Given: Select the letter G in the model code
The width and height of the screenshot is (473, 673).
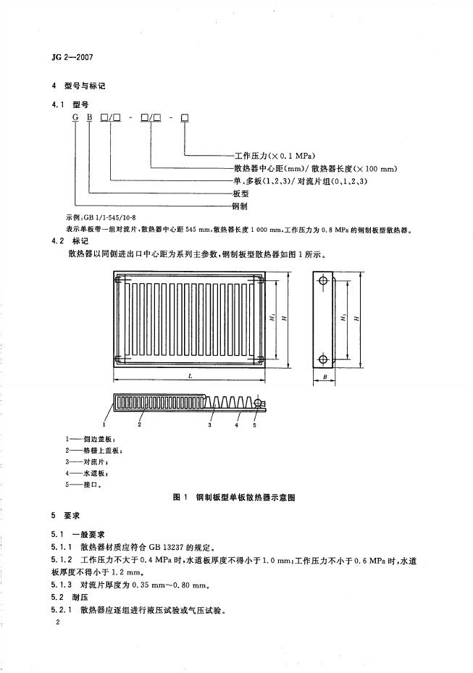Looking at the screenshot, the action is [x=75, y=120].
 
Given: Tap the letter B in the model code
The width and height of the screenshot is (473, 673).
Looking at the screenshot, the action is [x=89, y=120].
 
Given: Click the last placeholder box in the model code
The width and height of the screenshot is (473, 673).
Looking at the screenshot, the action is [x=185, y=120].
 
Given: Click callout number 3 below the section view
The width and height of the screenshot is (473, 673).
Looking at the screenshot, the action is [x=210, y=427].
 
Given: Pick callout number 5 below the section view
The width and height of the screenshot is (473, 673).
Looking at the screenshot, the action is [x=255, y=427].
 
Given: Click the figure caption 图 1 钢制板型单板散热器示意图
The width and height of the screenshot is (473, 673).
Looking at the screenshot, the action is [x=236, y=498].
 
